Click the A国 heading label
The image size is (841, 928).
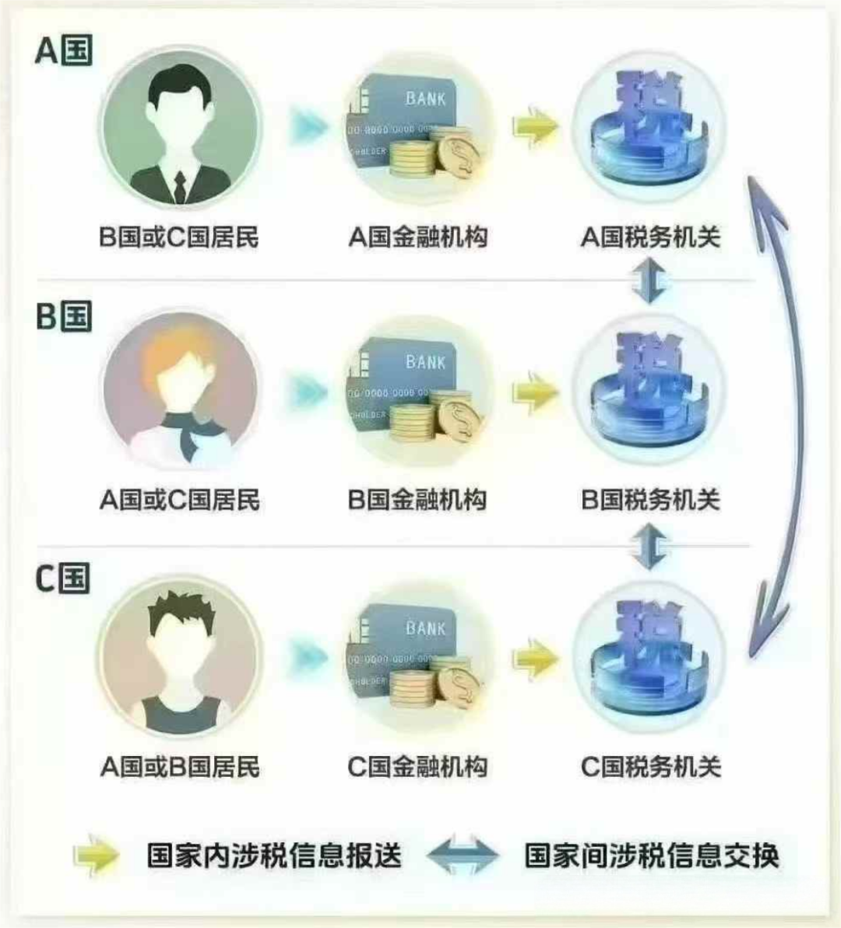pos(64,51)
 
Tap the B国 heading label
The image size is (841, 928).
pos(64,316)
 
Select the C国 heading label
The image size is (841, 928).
pos(63,579)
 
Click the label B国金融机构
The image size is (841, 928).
pos(417,500)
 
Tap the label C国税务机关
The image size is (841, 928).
pos(651,767)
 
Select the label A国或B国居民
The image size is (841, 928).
pos(180,767)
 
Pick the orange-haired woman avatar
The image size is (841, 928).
pos(180,391)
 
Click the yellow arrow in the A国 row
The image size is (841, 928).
pos(536,126)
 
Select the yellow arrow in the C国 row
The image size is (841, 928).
pos(536,659)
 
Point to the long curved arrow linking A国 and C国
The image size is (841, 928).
pos(786,413)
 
